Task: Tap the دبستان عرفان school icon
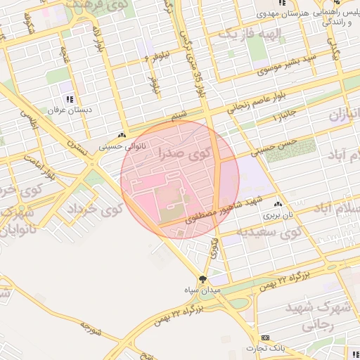click(70, 99)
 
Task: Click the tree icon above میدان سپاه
click(203, 278)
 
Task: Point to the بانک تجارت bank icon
click(265, 337)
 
